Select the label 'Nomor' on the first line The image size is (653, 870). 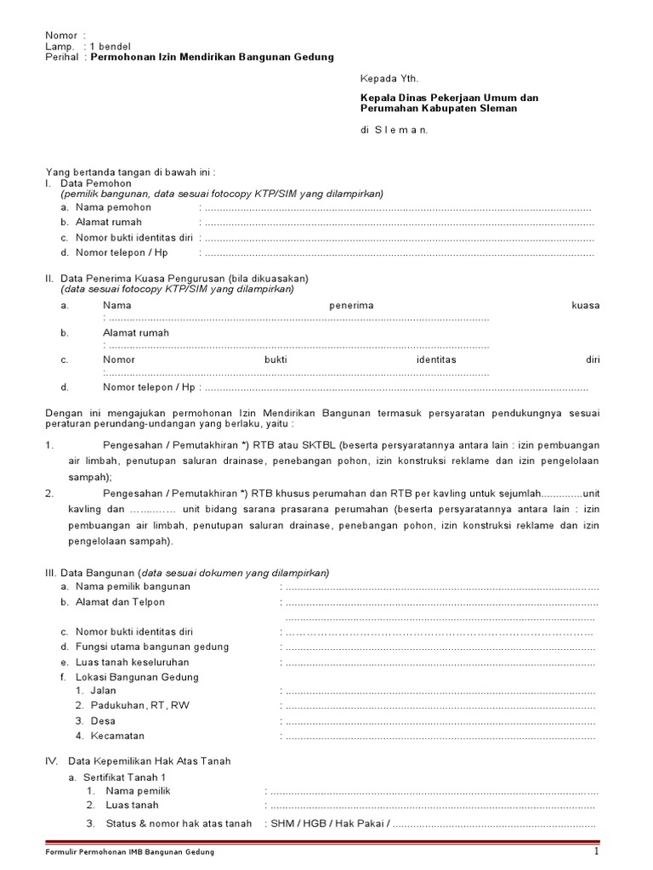tap(60, 35)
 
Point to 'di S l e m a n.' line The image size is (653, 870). tap(395, 130)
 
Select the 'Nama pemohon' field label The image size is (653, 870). tap(113, 207)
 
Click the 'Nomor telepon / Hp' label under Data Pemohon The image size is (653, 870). tap(122, 253)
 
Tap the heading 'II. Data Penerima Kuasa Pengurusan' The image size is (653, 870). tap(176, 279)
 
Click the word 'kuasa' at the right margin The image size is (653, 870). tap(586, 305)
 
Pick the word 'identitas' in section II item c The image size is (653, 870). tap(436, 360)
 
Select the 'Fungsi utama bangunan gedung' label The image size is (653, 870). tap(151, 647)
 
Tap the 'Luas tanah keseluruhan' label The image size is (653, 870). tap(132, 662)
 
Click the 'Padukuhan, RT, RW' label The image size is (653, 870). tap(132, 706)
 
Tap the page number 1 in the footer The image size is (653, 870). tap(597, 851)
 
